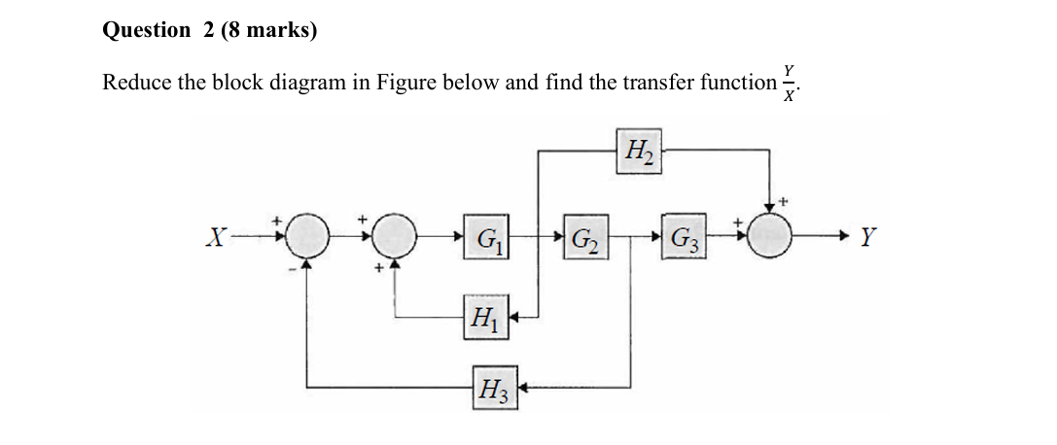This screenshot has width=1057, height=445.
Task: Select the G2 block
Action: tap(584, 236)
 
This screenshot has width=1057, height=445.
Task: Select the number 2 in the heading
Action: tap(209, 30)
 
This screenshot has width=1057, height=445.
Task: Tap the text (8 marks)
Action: tap(269, 30)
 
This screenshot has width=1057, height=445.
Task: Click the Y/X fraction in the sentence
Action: tap(790, 83)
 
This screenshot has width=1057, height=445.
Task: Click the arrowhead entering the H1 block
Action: tap(515, 316)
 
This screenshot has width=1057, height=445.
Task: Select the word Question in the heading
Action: tap(147, 30)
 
